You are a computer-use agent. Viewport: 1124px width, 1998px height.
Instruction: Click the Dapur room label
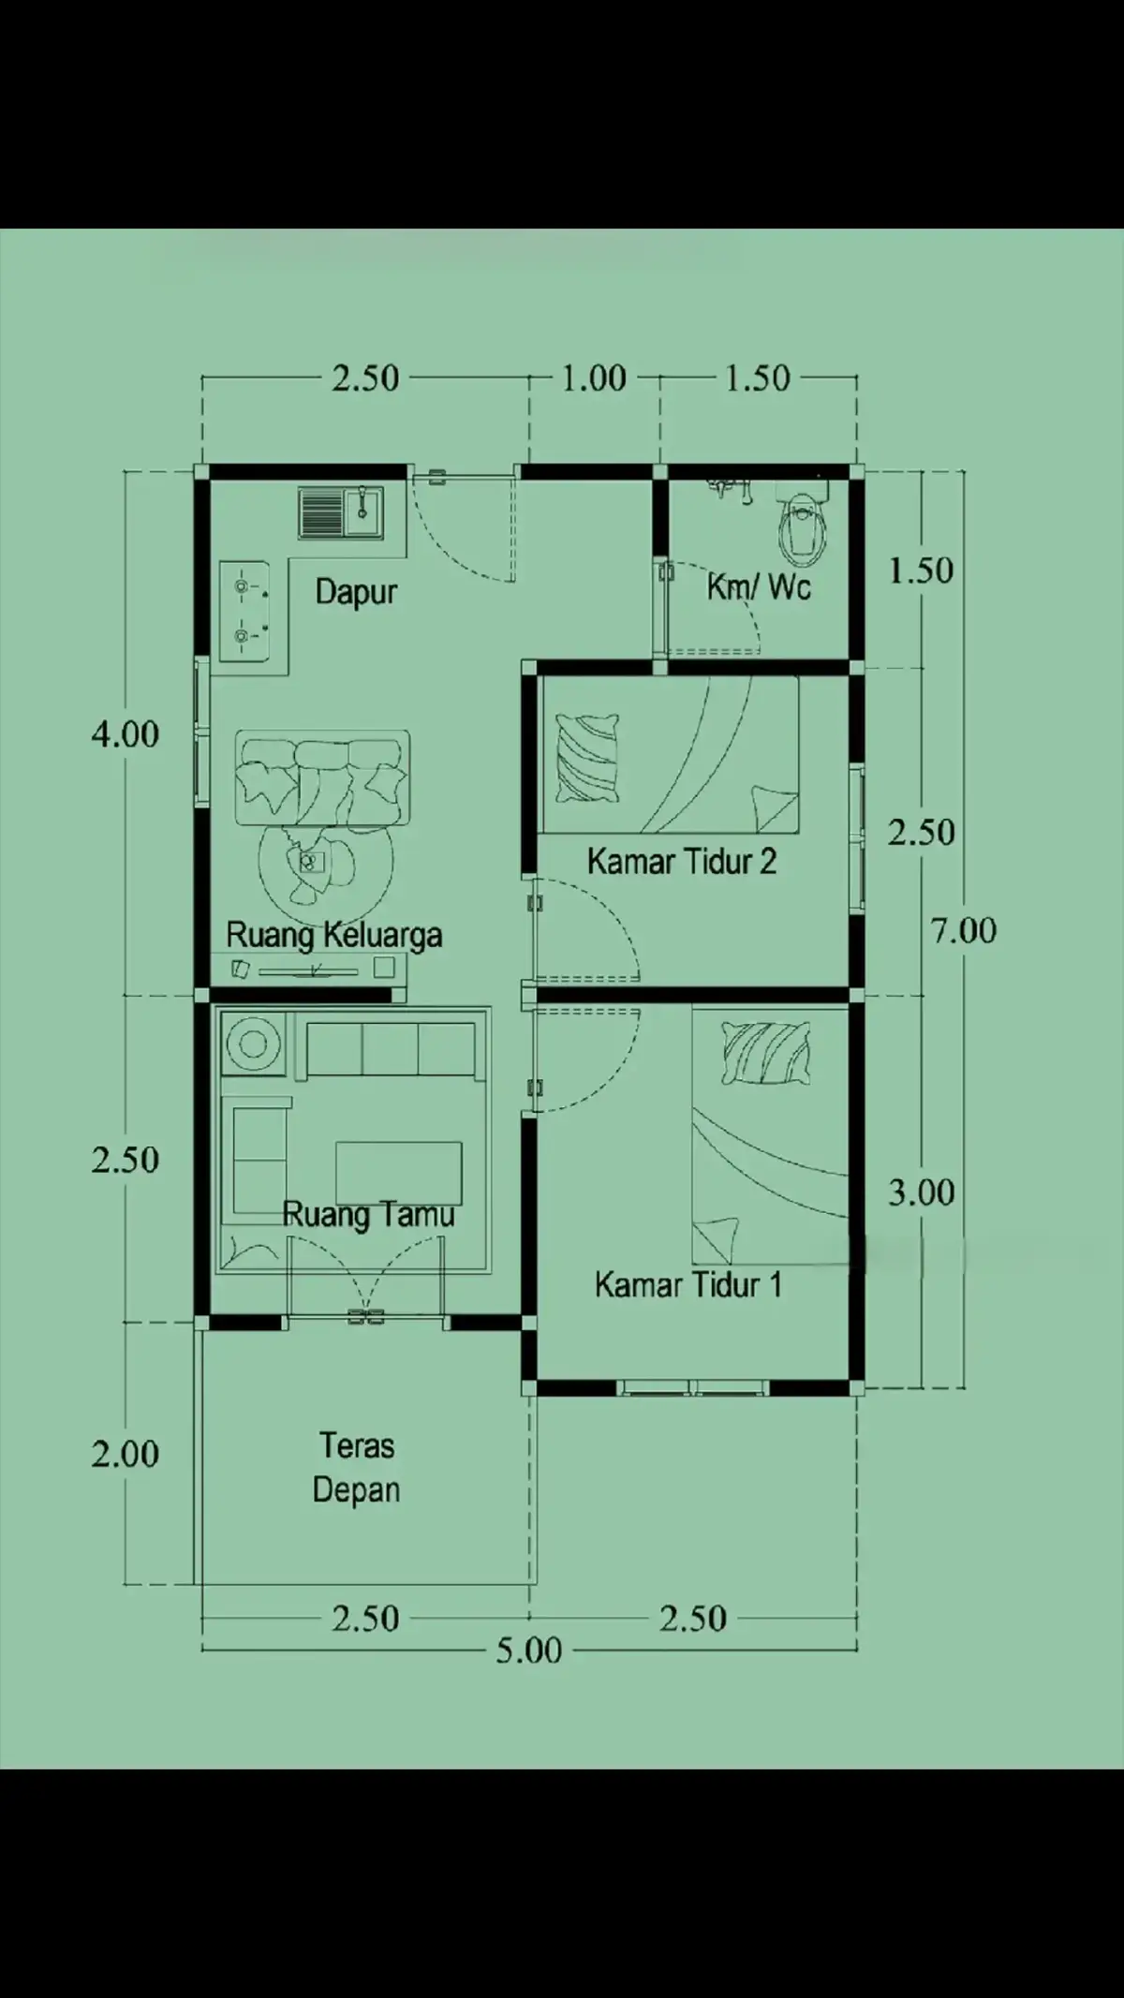click(356, 592)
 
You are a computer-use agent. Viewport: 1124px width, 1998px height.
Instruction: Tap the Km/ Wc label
click(759, 587)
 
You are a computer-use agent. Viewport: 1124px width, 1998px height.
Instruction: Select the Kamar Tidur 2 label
click(682, 861)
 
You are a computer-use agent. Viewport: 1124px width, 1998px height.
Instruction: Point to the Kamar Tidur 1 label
click(688, 1284)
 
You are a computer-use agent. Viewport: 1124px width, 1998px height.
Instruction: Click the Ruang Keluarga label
click(334, 935)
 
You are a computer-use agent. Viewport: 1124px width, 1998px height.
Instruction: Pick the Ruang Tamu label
click(368, 1215)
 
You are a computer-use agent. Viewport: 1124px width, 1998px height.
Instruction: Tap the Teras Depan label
click(356, 1468)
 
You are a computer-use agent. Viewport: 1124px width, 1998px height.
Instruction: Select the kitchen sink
click(341, 512)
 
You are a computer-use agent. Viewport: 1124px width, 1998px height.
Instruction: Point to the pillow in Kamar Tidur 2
click(587, 759)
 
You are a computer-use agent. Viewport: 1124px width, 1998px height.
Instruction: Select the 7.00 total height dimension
click(963, 930)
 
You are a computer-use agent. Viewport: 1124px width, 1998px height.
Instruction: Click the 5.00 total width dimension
click(529, 1650)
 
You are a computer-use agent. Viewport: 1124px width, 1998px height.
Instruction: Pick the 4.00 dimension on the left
click(125, 733)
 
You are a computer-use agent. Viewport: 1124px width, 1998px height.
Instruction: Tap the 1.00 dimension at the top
click(594, 378)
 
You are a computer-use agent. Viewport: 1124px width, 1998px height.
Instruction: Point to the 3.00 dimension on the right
click(922, 1192)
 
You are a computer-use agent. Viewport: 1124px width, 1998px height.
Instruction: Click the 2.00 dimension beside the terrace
click(125, 1454)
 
